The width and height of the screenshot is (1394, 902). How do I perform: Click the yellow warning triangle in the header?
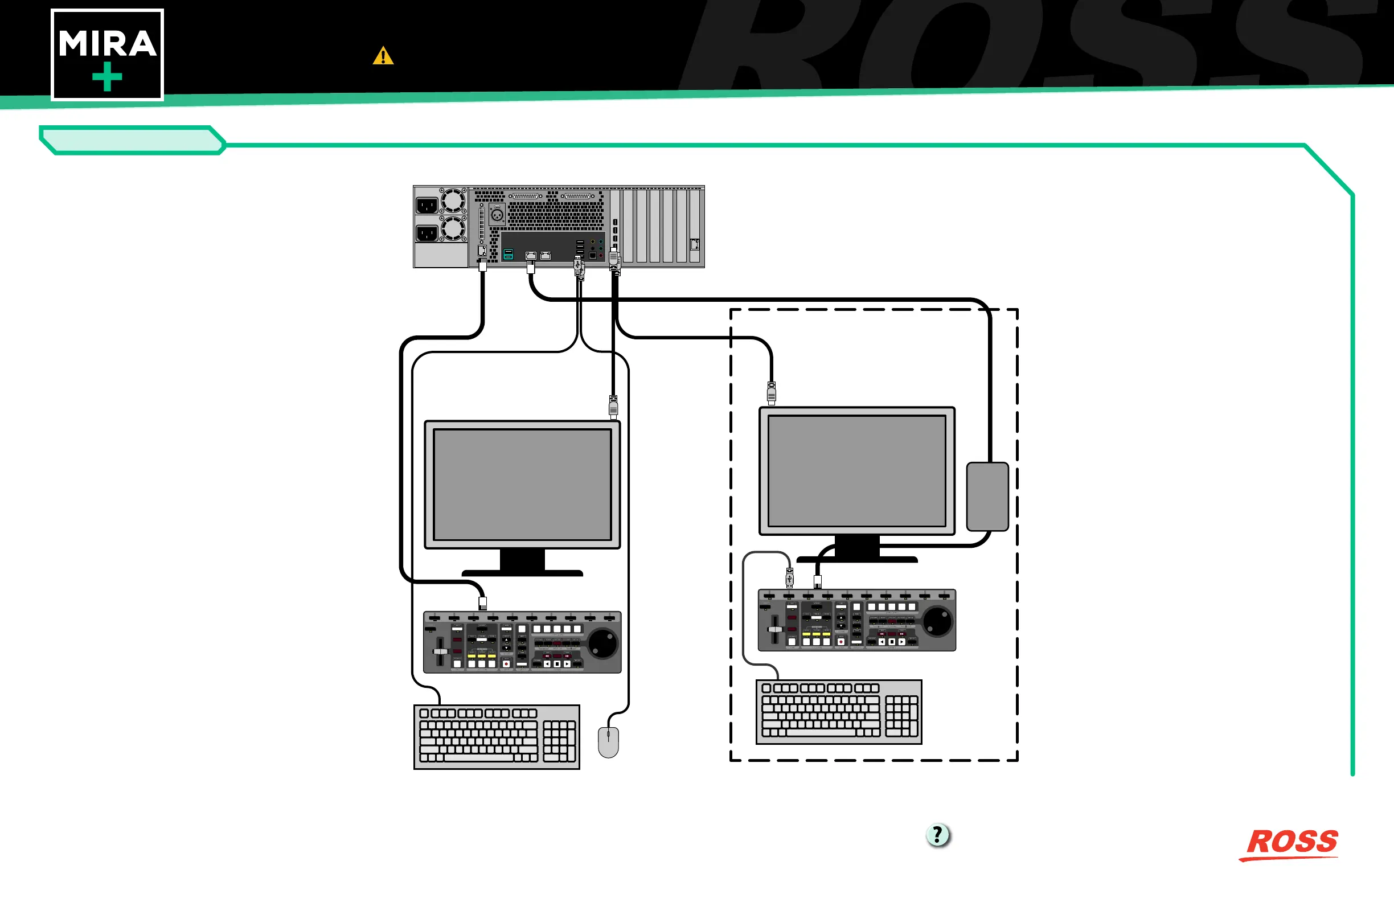click(383, 56)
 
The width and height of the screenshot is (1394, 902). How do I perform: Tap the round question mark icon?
click(938, 835)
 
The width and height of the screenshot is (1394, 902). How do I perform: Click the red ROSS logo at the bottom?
click(1291, 843)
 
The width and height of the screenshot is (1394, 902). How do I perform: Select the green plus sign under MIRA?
click(107, 77)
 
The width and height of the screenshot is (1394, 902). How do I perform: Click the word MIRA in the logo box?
click(107, 44)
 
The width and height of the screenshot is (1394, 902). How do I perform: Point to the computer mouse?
click(608, 742)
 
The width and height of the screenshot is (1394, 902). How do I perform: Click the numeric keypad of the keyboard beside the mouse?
click(559, 741)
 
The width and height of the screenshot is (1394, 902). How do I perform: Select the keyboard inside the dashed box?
click(839, 712)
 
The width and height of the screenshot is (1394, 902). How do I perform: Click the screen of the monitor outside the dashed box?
click(522, 485)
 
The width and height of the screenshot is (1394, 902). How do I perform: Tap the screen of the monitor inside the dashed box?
click(856, 471)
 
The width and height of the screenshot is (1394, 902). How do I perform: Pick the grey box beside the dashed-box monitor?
click(987, 497)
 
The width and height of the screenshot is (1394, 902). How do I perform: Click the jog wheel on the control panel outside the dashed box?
click(602, 643)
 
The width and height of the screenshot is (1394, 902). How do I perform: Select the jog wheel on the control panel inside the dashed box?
click(938, 621)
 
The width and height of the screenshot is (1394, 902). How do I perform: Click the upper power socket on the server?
click(427, 206)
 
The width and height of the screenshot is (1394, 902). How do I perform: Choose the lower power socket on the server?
click(427, 233)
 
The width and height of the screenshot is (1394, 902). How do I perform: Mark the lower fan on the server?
click(453, 228)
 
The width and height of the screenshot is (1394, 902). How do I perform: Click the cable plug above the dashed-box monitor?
click(772, 393)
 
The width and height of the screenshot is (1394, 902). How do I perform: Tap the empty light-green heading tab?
click(132, 141)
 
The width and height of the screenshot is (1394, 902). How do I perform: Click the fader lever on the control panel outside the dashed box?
click(440, 651)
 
